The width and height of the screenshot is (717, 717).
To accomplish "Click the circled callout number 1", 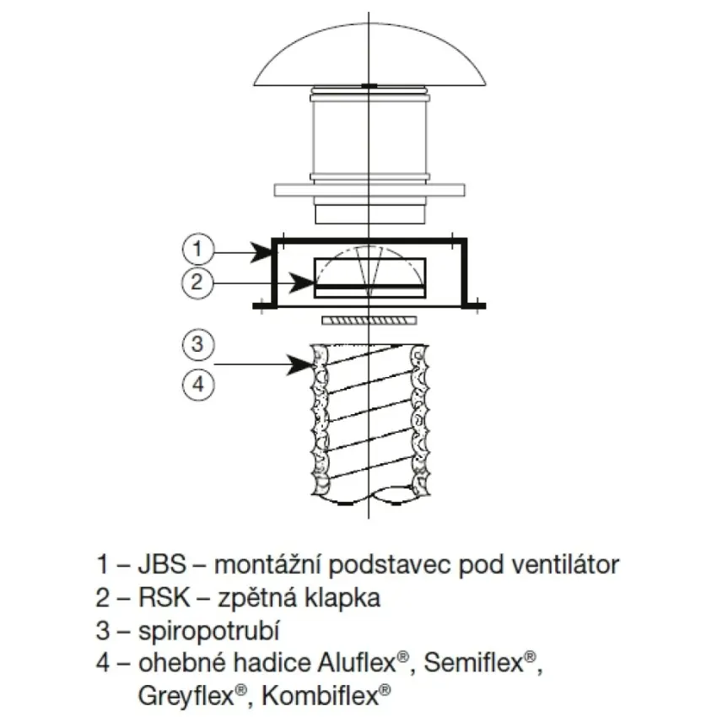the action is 197,249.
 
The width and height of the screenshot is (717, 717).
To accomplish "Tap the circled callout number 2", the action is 197,282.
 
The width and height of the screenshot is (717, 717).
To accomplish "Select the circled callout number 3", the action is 197,344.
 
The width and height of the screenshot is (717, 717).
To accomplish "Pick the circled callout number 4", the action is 198,384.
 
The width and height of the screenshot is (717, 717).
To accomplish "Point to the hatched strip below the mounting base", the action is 369,321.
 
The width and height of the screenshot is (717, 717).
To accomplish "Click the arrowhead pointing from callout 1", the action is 262,252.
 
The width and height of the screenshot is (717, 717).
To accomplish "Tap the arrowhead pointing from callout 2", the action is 301,283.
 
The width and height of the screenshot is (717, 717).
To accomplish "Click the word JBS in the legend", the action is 162,564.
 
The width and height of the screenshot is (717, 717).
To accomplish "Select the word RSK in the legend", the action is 164,598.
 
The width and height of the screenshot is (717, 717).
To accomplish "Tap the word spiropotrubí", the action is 208,632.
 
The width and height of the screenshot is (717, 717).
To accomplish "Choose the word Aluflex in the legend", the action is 356,663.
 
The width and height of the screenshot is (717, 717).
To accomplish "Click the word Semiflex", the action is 473,663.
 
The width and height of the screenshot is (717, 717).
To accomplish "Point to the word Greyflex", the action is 186,697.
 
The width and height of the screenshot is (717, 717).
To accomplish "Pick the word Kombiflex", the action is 320,696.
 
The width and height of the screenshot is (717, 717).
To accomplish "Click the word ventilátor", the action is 565,564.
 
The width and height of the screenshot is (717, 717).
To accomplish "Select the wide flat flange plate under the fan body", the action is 369,191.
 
